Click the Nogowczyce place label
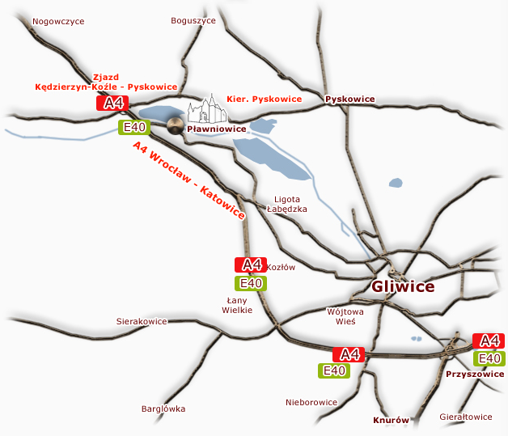click(57, 22)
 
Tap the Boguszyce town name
click(193, 21)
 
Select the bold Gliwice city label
click(403, 286)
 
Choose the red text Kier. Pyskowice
click(264, 99)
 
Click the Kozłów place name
click(282, 267)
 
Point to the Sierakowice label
click(142, 321)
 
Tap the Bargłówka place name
click(163, 408)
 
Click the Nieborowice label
click(311, 402)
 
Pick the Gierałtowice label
click(465, 417)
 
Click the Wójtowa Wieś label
click(345, 315)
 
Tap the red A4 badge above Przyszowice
click(489, 341)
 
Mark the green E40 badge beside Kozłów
click(250, 283)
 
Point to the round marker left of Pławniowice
click(176, 125)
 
